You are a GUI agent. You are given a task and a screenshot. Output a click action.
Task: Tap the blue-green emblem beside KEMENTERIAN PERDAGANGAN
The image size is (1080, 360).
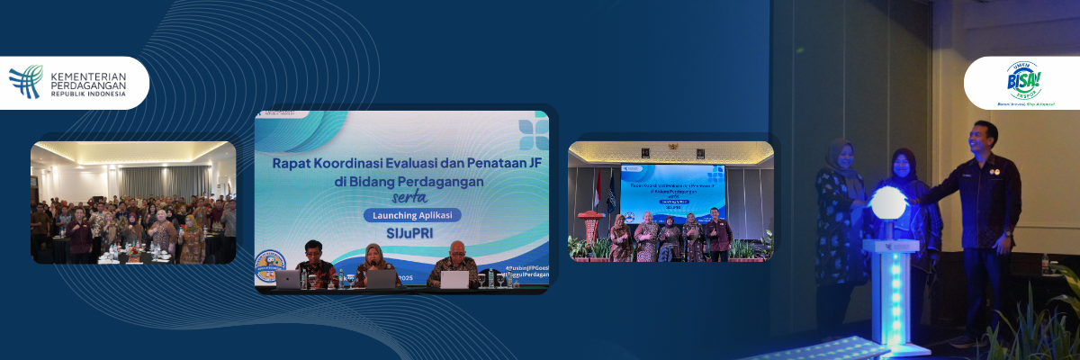26,81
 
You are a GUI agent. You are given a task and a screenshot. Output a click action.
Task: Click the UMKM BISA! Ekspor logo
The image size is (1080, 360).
1022,83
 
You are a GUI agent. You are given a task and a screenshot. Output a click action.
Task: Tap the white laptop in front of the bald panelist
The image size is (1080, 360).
454,280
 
